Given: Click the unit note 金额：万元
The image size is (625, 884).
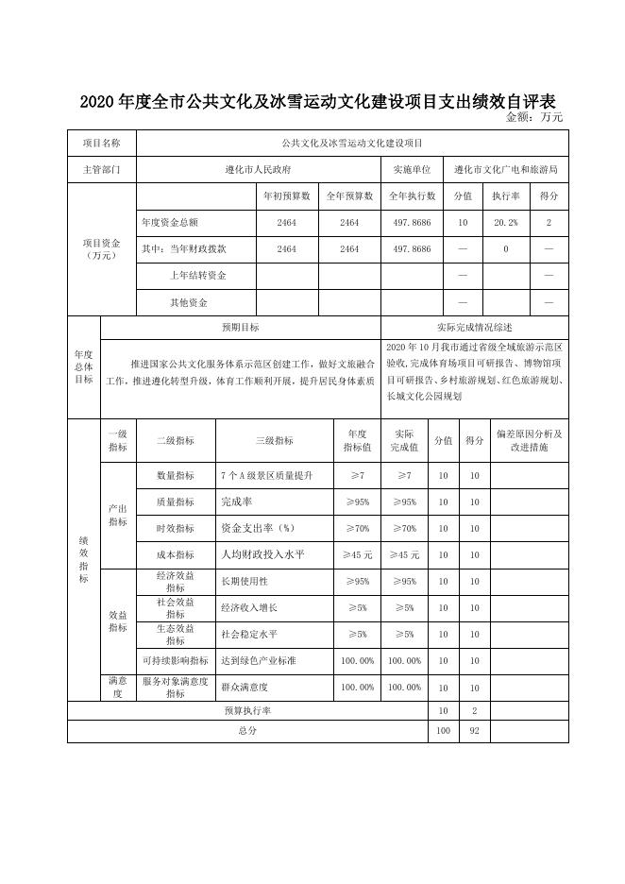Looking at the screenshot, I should tap(534, 117).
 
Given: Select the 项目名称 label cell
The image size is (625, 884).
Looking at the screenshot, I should tap(102, 143).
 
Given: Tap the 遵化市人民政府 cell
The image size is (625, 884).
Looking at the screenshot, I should tap(258, 170).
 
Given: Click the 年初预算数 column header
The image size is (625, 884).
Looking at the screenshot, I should tap(287, 196).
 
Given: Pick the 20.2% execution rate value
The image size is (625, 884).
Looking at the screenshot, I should tap(506, 223).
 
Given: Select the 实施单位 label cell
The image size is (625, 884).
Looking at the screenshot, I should tap(412, 170).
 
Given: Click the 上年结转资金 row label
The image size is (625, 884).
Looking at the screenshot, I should tap(197, 275).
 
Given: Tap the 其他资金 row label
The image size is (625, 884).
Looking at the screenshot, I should tap(188, 302).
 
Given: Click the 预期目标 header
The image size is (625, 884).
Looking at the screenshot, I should tap(241, 328).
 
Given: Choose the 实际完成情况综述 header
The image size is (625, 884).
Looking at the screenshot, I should tap(475, 328).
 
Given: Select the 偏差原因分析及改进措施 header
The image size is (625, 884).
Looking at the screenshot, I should tap(529, 440).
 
